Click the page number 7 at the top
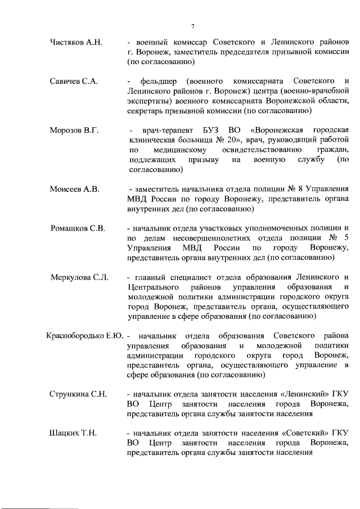193,26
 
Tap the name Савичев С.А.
74,82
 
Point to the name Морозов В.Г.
74,130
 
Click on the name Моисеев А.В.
74,190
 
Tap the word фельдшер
159,82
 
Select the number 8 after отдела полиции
289,190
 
